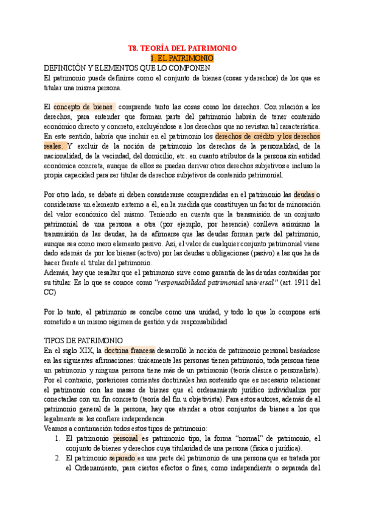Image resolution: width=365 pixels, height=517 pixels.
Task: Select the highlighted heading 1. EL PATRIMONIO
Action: pyautogui.click(x=182, y=58)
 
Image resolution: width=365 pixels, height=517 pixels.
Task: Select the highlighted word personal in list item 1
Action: pyautogui.click(x=126, y=438)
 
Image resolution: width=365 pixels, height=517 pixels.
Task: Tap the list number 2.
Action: pyautogui.click(x=57, y=458)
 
